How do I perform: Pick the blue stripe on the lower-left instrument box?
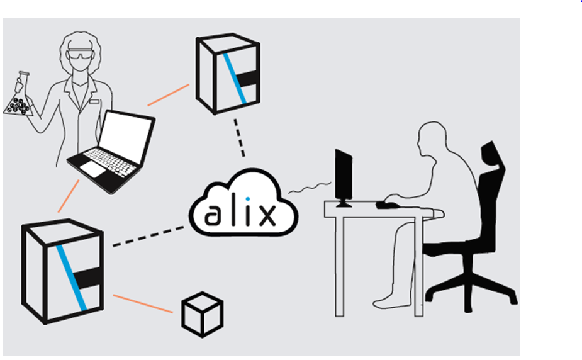pyautogui.click(x=70, y=277)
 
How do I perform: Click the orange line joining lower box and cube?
pyautogui.click(x=143, y=303)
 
